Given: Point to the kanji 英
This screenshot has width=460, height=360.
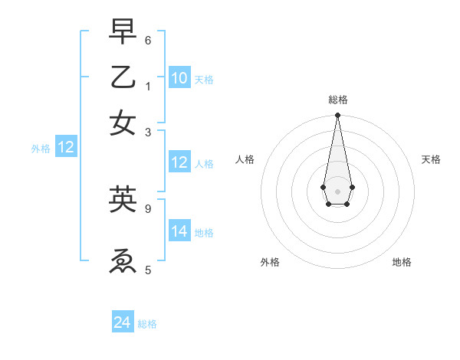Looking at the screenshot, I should click(123, 200).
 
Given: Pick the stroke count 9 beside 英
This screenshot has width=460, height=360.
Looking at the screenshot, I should click(148, 208).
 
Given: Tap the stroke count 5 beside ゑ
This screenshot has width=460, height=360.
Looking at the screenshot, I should click(148, 270).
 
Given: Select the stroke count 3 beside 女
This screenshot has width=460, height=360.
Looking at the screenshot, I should click(148, 132).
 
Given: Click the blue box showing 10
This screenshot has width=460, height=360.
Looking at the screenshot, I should click(179, 78).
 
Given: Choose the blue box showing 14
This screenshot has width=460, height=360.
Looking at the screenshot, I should click(179, 231).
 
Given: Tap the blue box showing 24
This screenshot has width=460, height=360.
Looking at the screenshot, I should click(123, 323).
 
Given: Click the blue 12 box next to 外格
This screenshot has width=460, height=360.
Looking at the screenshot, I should click(66, 148).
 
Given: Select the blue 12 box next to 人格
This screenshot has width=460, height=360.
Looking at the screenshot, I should click(179, 162).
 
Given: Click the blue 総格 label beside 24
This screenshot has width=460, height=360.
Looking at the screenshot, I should click(147, 324).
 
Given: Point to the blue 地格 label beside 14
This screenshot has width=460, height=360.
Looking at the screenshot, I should click(204, 232).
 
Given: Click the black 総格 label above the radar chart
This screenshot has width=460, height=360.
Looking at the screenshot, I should click(337, 100).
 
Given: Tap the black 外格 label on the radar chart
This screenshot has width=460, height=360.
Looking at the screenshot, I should click(270, 262).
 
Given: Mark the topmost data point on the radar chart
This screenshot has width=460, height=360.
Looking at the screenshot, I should click(337, 116).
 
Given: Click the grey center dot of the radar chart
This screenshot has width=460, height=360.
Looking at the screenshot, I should click(337, 191).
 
